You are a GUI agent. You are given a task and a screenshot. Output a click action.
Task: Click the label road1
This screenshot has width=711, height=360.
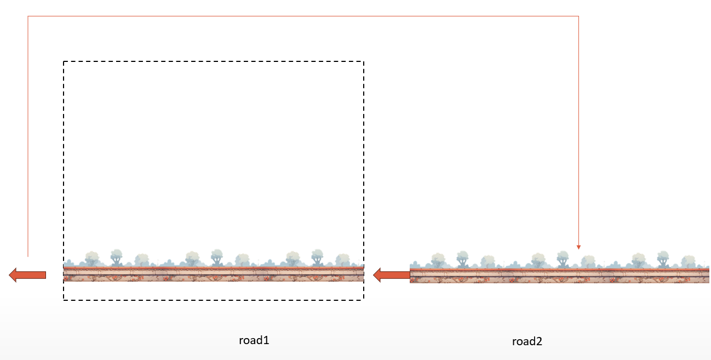254,340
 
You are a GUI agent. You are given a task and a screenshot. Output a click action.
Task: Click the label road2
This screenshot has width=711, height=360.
527,342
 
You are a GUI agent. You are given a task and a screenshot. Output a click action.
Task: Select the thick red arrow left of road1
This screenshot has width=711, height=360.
27,275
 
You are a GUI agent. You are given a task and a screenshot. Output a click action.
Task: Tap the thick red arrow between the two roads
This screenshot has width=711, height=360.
391,275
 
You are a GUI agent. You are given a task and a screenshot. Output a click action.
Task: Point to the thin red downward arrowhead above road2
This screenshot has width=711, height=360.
578,247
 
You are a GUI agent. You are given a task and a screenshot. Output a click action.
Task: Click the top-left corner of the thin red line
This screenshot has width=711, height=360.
28,16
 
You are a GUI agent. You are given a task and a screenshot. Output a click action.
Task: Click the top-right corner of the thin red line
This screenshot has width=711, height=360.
578,16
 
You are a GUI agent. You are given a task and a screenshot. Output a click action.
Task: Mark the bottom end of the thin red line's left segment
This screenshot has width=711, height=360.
28,256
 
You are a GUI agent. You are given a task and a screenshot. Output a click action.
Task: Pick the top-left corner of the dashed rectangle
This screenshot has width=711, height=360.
64,61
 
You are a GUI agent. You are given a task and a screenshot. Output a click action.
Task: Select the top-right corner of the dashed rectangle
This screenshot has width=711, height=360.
364,61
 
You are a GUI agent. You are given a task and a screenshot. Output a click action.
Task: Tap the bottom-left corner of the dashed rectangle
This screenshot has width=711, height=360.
64,300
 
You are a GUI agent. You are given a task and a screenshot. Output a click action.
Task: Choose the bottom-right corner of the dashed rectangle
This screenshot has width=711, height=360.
364,300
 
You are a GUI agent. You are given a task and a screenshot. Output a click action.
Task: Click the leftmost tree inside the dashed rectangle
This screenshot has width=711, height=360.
91,258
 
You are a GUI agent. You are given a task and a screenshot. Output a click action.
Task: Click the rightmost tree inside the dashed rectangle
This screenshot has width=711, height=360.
342,259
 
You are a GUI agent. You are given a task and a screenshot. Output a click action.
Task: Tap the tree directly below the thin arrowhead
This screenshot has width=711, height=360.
588,260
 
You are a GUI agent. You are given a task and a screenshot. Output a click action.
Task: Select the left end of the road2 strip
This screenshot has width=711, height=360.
411,276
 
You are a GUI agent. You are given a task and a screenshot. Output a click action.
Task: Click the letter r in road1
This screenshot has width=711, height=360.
241,341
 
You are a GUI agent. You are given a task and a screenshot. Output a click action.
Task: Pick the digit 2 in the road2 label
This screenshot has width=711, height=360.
539,341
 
